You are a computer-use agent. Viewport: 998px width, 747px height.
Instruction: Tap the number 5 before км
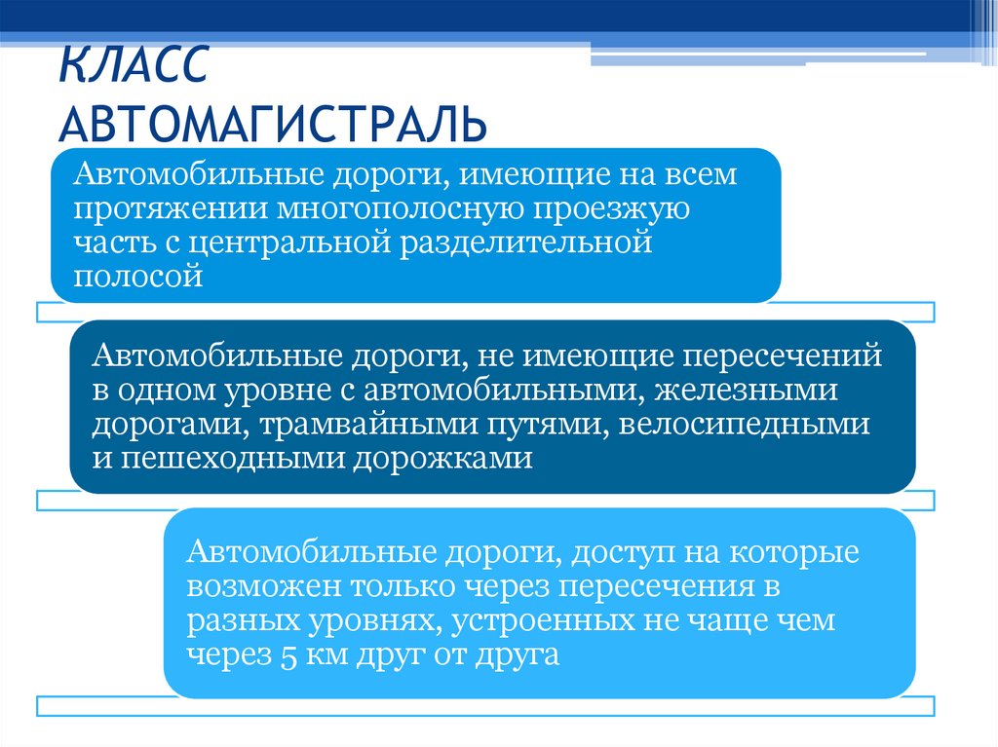tap(287, 654)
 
